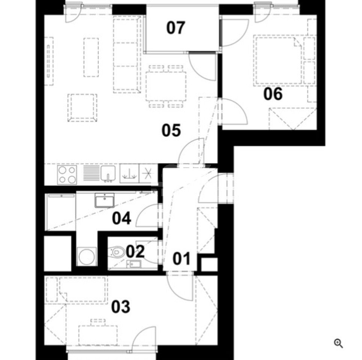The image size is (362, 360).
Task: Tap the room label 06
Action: [273, 94]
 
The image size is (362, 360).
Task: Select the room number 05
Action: [171, 130]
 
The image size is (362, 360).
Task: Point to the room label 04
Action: [122, 218]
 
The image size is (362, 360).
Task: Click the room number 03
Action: [121, 307]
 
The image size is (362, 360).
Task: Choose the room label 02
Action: [135, 251]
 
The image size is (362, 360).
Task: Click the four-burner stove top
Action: [67, 175]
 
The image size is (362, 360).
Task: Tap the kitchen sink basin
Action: [108, 173]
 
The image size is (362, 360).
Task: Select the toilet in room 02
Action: [117, 252]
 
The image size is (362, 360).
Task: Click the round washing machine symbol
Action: [87, 256]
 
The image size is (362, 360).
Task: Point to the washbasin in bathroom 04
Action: [104, 200]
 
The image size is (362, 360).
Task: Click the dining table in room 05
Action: [166, 86]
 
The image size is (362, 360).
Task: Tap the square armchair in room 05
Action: [82, 108]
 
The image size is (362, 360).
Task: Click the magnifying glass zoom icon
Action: [338, 343]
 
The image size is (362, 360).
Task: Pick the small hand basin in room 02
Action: [133, 264]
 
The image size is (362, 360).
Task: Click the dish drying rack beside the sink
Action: [91, 173]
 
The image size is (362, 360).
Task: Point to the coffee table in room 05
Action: [91, 57]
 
